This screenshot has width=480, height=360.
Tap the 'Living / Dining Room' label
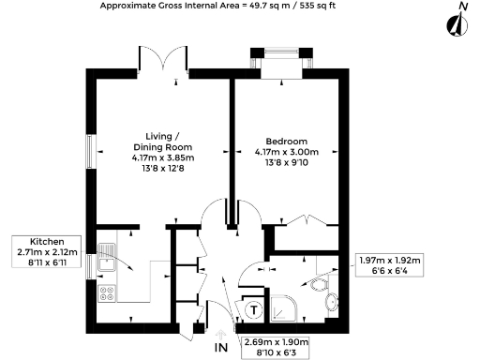(x=162, y=142)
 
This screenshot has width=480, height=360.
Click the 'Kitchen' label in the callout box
(x=47, y=240)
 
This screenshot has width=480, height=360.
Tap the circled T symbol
(x=252, y=307)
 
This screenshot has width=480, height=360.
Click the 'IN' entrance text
(x=221, y=348)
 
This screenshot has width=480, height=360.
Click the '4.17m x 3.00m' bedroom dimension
(x=287, y=153)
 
